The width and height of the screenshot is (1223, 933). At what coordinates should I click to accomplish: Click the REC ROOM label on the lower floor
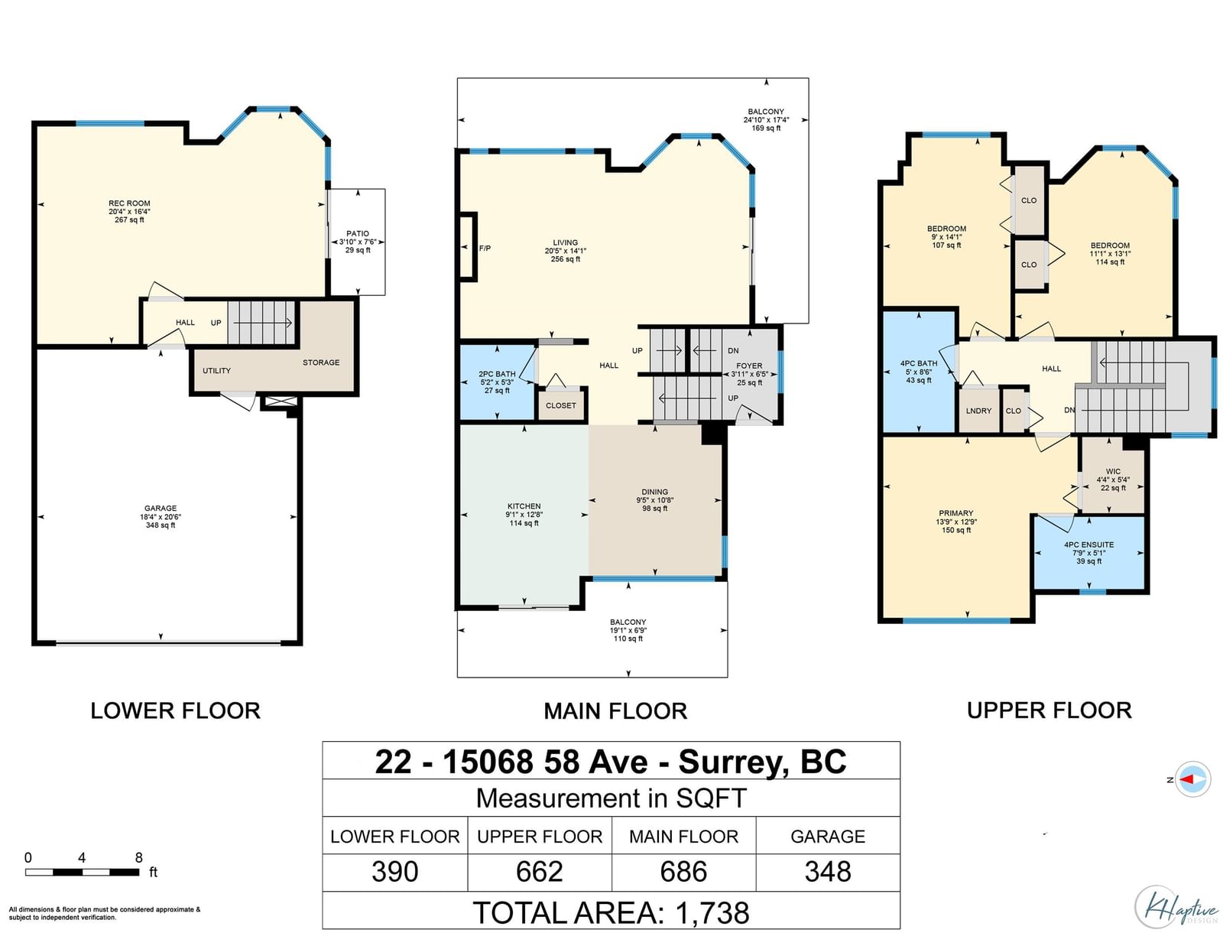point(129,203)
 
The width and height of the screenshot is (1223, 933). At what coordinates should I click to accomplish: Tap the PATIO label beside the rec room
point(357,233)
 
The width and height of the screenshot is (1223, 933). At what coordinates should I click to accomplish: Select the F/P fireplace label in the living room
point(485,248)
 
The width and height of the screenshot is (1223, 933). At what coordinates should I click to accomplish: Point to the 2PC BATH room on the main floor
point(497,382)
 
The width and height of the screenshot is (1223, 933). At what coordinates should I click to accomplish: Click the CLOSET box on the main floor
point(560,405)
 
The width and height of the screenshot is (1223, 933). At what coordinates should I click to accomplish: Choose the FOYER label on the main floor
point(749,366)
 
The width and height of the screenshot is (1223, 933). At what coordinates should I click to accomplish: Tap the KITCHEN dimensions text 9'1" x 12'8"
point(524,515)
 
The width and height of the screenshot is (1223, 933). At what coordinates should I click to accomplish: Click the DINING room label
point(654,493)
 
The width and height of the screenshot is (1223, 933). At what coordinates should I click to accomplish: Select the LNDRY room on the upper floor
point(978,410)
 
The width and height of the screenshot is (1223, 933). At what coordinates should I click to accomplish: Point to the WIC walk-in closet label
point(1113,472)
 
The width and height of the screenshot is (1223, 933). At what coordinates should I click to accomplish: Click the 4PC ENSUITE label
point(1088,545)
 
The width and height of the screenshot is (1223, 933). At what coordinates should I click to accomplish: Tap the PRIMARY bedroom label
point(955,513)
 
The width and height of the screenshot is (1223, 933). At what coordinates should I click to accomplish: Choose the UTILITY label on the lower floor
point(216,371)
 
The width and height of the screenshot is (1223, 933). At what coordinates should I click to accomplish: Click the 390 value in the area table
point(394,872)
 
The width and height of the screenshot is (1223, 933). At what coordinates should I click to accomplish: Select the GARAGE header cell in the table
point(827,836)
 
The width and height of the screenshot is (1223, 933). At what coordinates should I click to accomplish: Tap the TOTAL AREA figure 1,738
point(712,913)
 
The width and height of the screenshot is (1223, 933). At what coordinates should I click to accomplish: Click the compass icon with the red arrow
point(1192,779)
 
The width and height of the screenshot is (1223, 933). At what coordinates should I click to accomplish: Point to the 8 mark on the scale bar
point(139,857)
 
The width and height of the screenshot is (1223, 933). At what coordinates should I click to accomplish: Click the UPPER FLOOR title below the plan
point(1049,710)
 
